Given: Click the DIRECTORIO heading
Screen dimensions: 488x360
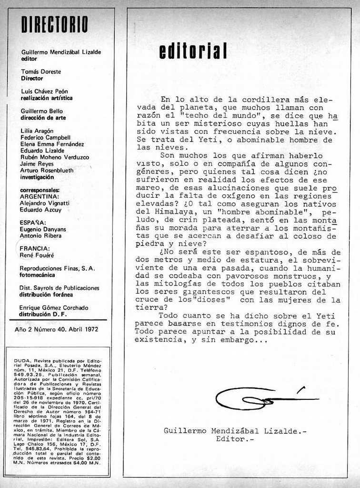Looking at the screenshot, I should pos(55,24).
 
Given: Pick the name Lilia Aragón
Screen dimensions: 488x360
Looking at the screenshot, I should pos(37,131).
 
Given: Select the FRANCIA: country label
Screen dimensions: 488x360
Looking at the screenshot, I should pos(34,248).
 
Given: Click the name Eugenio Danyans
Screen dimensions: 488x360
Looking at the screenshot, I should pos(42,229).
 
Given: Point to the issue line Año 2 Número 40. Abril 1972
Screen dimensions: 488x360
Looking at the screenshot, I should pos(56,329).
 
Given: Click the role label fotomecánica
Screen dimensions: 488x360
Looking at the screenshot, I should pos(37,275).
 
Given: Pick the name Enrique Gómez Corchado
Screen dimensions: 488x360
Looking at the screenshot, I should pos(53,308).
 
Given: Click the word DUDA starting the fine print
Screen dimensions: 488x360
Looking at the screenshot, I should pos(22,361).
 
